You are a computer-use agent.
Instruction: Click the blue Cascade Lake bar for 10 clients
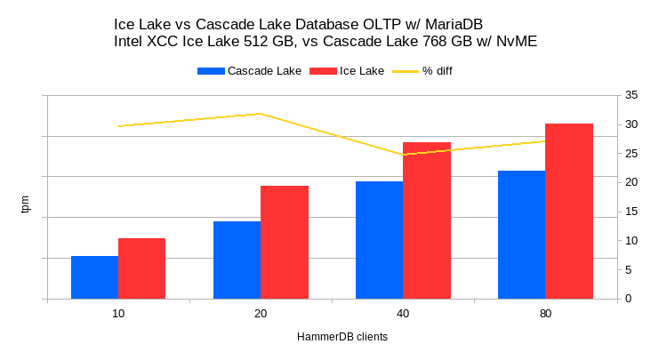point(94,277)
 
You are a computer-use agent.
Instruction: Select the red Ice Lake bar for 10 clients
point(141,268)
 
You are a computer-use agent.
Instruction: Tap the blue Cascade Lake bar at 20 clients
point(237,260)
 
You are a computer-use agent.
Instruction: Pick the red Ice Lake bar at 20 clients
point(284,242)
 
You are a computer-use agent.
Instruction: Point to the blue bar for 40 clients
point(379,240)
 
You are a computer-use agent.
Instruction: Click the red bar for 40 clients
point(426,220)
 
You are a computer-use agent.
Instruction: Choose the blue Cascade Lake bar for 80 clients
point(521,235)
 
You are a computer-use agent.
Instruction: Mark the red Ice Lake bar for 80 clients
point(568,211)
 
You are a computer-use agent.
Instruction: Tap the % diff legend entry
point(437,71)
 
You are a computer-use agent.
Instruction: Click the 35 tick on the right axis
point(631,95)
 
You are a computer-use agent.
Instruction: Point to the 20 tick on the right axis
point(631,182)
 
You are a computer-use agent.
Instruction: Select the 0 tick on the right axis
point(628,299)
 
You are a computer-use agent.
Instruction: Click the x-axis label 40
point(403,314)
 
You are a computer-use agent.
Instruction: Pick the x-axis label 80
point(545,314)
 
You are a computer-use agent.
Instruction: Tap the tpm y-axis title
point(25,204)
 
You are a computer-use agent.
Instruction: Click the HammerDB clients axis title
point(342,338)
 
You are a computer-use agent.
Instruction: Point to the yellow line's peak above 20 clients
point(260,114)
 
